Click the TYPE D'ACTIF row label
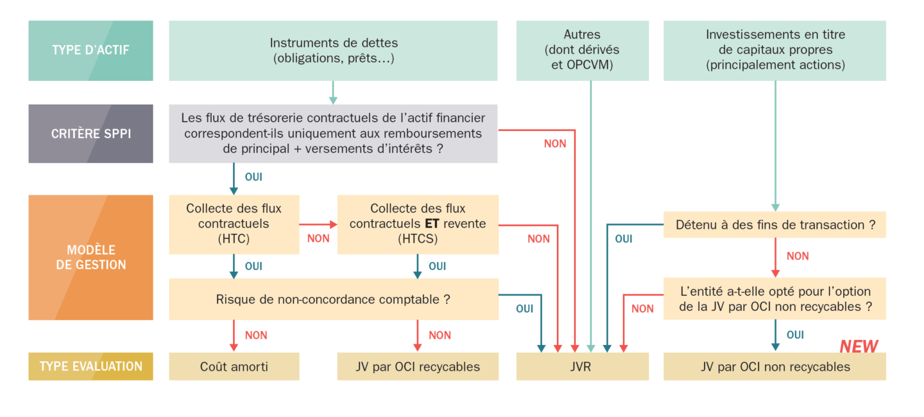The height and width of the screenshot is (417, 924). pyautogui.click(x=90, y=50)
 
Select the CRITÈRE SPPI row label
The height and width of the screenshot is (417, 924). pyautogui.click(x=90, y=134)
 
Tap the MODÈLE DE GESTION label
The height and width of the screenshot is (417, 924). pyautogui.click(x=90, y=257)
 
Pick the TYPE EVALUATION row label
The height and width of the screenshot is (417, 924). pyautogui.click(x=90, y=366)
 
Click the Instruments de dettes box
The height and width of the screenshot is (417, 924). pyautogui.click(x=333, y=51)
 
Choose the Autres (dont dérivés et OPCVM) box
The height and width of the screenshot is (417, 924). pyautogui.click(x=582, y=51)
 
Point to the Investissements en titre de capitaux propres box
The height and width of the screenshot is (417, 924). pyautogui.click(x=774, y=51)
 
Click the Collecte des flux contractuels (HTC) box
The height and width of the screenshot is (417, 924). pyautogui.click(x=234, y=224)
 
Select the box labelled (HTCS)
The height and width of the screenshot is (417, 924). pyautogui.click(x=417, y=224)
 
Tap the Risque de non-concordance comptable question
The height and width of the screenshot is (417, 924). pyautogui.click(x=333, y=299)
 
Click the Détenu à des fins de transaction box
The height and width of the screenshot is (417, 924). pyautogui.click(x=774, y=225)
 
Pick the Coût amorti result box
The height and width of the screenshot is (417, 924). pyautogui.click(x=234, y=367)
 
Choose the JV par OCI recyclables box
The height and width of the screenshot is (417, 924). pyautogui.click(x=417, y=367)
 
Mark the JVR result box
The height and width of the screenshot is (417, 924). pyautogui.click(x=582, y=367)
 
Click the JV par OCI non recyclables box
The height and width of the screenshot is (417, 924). pyautogui.click(x=774, y=367)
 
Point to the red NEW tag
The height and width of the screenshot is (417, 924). pyautogui.click(x=859, y=346)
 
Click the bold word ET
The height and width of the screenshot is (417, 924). pyautogui.click(x=432, y=224)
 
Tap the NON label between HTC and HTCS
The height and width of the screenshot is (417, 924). pyautogui.click(x=318, y=238)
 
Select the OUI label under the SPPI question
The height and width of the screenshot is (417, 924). pyautogui.click(x=253, y=177)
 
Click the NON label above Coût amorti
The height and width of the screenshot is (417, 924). pyautogui.click(x=256, y=335)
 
